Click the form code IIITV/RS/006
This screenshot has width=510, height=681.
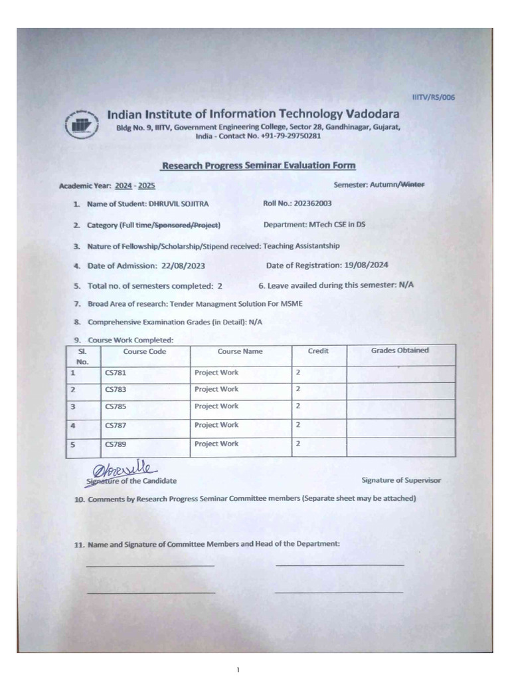pos(433,97)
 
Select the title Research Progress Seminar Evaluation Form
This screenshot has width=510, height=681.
pos(259,166)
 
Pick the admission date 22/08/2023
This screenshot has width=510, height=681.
pos(183,265)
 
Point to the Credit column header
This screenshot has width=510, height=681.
pos(318,351)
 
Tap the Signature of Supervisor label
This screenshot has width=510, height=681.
pos(400,480)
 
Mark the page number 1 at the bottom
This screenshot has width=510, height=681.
pos(237,669)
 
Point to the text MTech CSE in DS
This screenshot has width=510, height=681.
pos(334,225)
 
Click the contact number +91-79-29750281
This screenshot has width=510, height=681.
pos(287,136)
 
